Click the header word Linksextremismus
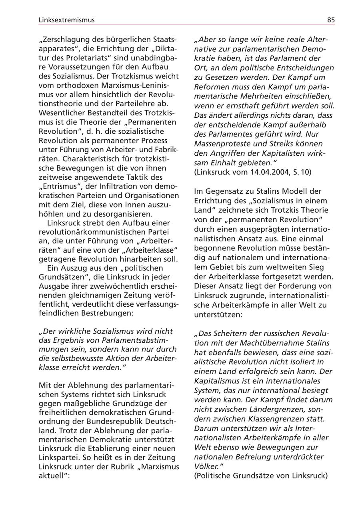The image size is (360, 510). pos(66,20)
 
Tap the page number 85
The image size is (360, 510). pos(331,20)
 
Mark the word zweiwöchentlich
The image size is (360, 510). pos(111,286)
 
